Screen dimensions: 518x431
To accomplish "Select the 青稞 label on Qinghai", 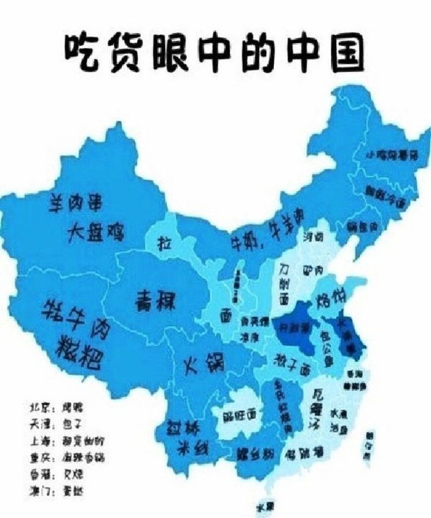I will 154,300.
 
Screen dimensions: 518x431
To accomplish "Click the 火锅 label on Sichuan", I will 204,363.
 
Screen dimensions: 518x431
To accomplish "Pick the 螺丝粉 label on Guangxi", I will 253,454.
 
